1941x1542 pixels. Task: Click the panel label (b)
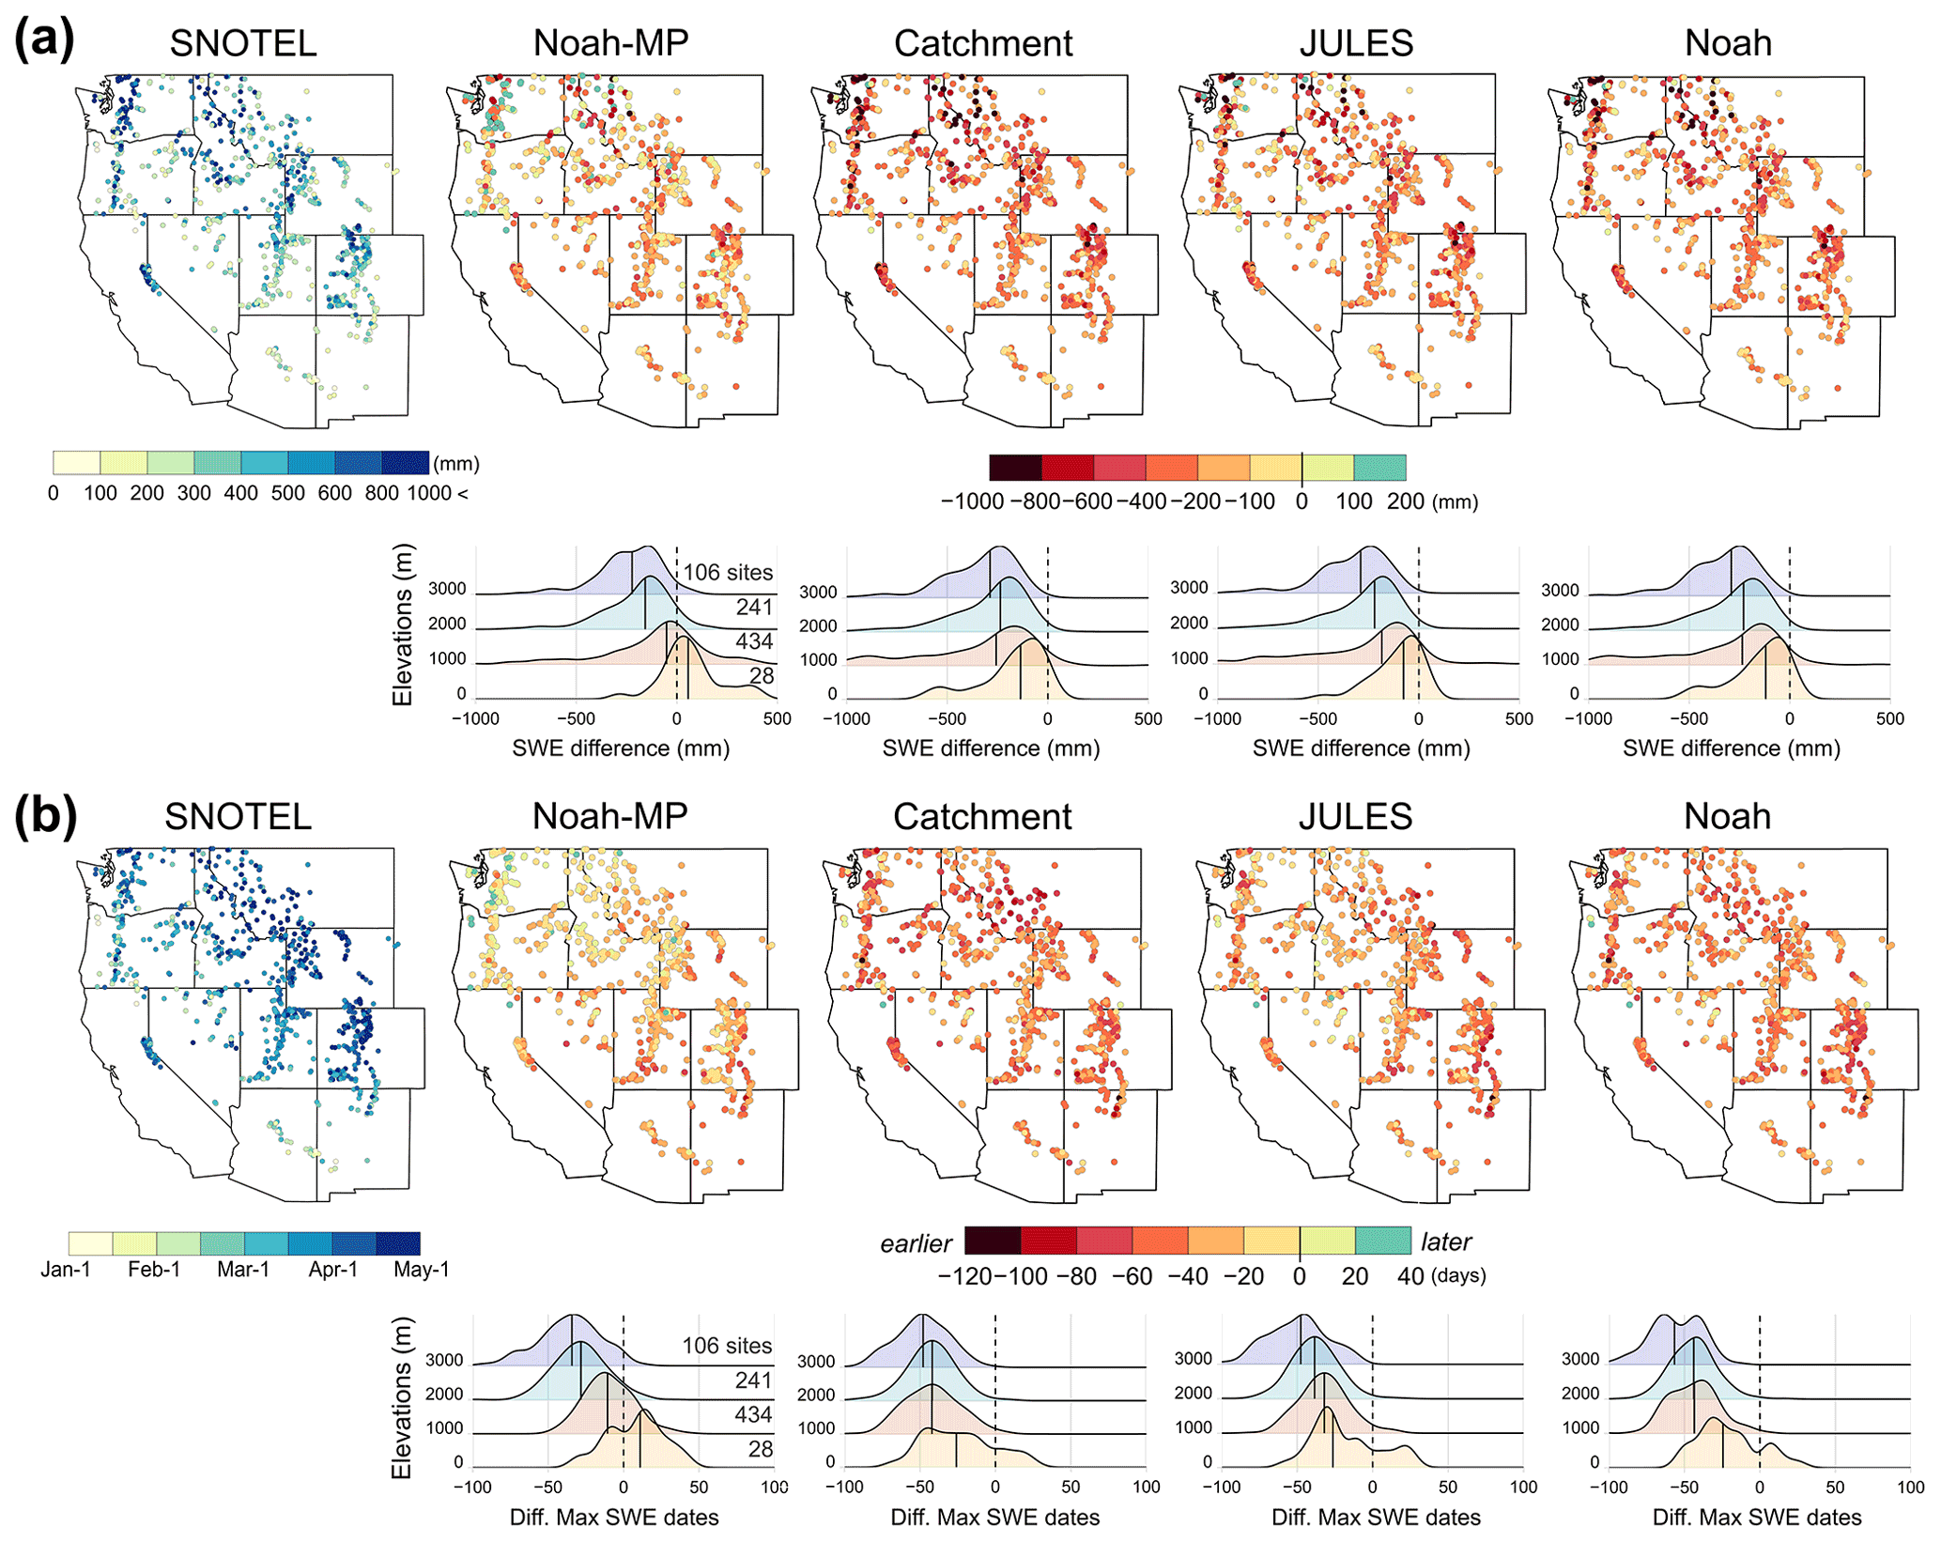click(x=45, y=815)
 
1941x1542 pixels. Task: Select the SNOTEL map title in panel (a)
click(x=243, y=43)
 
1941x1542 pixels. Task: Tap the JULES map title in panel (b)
click(x=1355, y=816)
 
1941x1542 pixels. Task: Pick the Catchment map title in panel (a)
click(x=983, y=43)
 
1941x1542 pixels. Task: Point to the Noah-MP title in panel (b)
click(x=610, y=816)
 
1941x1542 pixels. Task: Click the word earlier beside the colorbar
click(x=916, y=1243)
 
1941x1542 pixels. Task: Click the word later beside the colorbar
click(x=1446, y=1241)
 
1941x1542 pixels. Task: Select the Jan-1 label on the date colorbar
click(x=66, y=1270)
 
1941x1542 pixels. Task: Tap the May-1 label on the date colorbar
click(x=422, y=1270)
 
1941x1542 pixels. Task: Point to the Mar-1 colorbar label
click(x=243, y=1270)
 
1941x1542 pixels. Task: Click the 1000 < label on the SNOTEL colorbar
click(x=437, y=493)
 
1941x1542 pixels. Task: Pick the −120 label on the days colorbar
click(x=965, y=1276)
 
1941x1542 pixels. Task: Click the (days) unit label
click(x=1458, y=1276)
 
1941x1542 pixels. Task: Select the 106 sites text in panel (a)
click(x=728, y=572)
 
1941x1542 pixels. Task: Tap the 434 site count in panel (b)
click(x=753, y=1414)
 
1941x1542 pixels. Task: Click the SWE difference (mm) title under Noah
click(x=1732, y=748)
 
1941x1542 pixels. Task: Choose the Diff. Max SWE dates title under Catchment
click(x=995, y=1517)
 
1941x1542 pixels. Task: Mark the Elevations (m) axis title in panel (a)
click(x=403, y=625)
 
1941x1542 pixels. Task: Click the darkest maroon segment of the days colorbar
click(x=993, y=1241)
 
